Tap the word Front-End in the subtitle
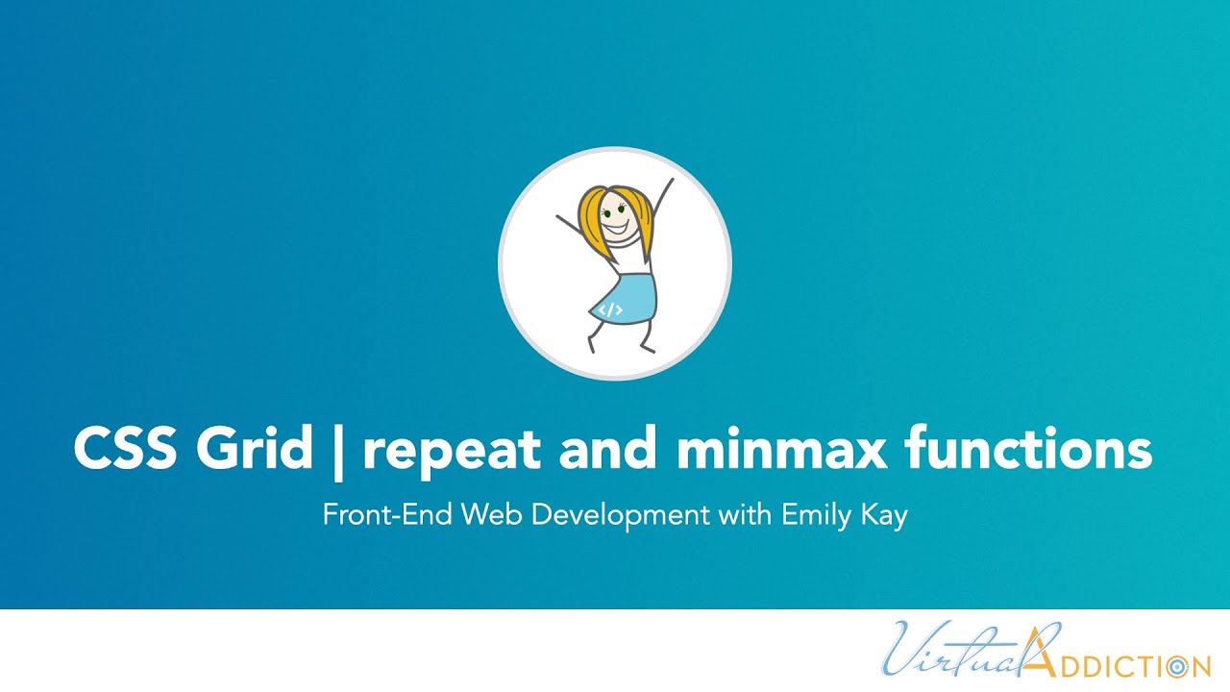click(388, 514)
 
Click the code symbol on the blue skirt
click(611, 309)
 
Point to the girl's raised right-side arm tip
click(670, 181)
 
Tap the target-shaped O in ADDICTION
click(1174, 665)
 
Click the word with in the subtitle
click(742, 514)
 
